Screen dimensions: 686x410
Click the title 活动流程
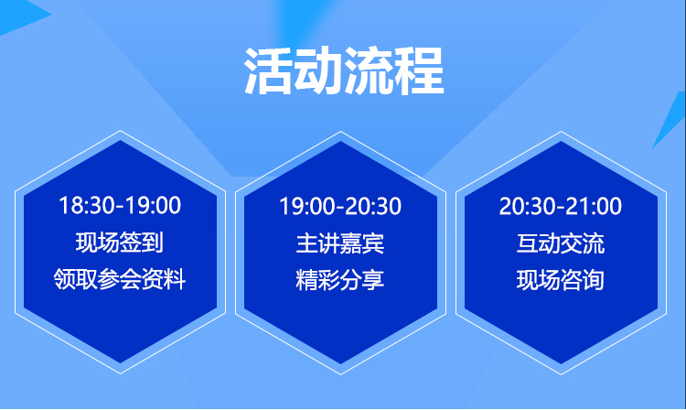coord(344,71)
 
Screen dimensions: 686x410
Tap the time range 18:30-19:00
coord(120,205)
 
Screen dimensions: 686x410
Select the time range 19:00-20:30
coord(340,206)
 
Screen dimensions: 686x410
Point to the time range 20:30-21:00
coord(561,206)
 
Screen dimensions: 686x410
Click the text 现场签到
coord(120,243)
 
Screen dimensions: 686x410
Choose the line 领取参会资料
coord(120,279)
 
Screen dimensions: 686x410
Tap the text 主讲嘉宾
coord(340,243)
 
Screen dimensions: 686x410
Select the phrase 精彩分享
coord(340,280)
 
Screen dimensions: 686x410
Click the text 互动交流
coord(561,243)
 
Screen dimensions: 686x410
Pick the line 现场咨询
coord(561,280)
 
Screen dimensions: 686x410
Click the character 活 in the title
coord(268,71)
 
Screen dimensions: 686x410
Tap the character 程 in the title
coord(420,71)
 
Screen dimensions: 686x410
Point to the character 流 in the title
coord(370,71)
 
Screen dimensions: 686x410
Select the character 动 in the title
coord(318,71)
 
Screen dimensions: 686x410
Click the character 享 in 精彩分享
coord(373,280)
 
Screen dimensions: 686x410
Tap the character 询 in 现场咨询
coord(594,280)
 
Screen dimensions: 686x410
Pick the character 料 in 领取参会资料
coord(175,279)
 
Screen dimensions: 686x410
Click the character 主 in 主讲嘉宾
coord(306,243)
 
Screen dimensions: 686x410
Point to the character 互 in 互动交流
coord(527,243)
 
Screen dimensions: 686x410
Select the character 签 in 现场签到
coord(131,243)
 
